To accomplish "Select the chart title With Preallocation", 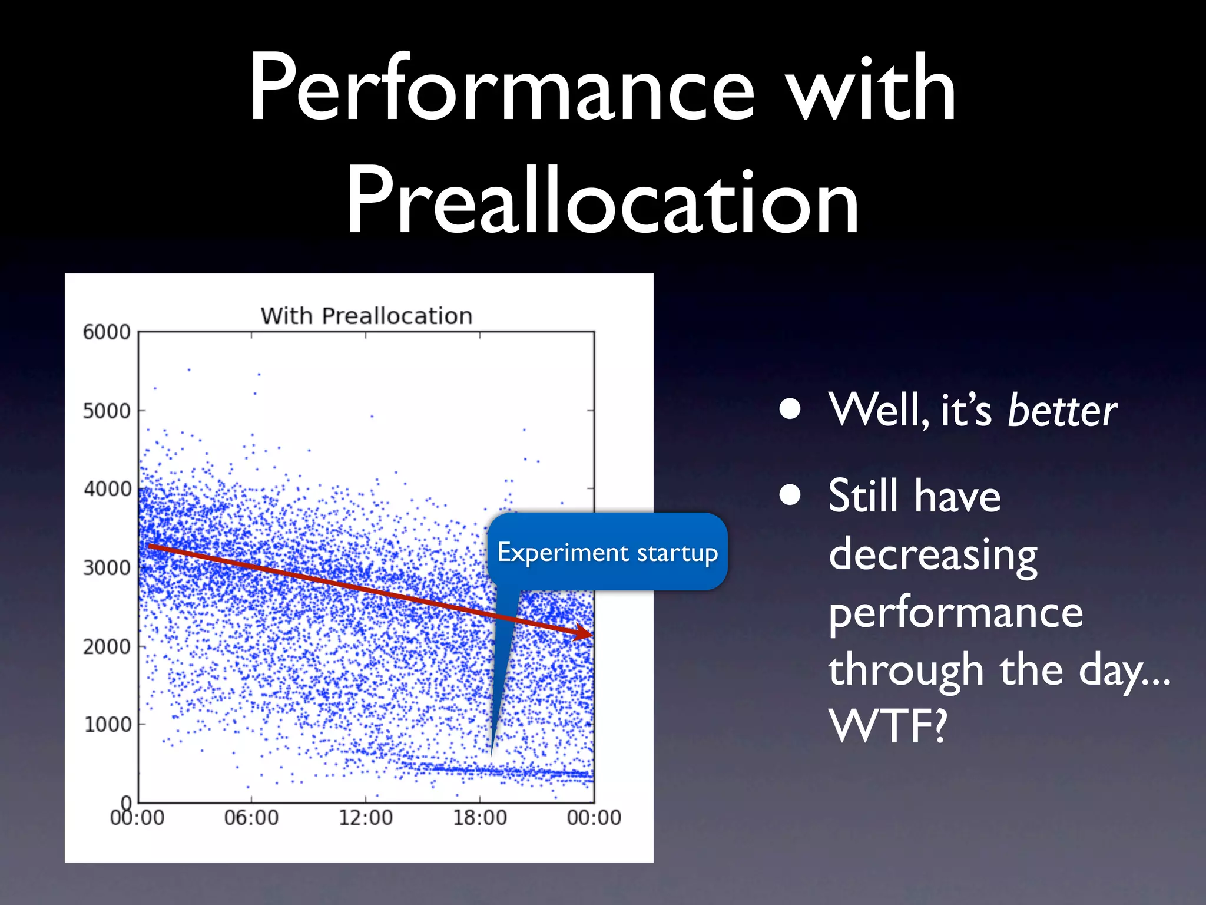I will point(366,316).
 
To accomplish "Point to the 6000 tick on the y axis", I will point(107,332).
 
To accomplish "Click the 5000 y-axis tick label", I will point(107,411).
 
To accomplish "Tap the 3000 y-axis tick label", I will point(107,568).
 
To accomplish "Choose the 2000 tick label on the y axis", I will point(107,646).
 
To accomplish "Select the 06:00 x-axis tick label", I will point(251,818).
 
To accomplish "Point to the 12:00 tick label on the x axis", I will point(366,818).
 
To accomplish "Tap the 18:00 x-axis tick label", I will point(479,818).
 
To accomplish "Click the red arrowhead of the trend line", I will point(585,633).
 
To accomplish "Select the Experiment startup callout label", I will point(608,552).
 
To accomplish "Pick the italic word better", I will point(1062,411).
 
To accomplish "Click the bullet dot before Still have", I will point(790,496).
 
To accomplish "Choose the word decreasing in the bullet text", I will point(933,555).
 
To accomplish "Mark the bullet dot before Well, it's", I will point(790,409).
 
